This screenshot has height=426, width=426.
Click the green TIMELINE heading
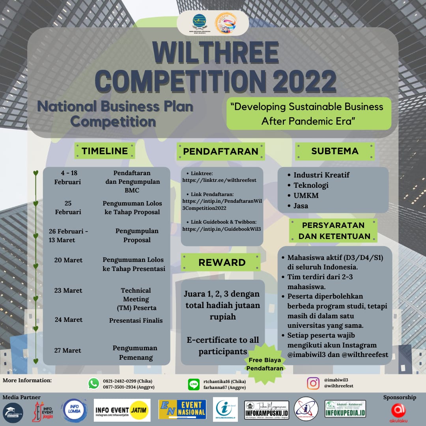click(105, 151)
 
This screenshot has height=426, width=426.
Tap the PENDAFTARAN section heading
click(220, 151)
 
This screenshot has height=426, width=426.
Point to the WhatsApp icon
click(93, 383)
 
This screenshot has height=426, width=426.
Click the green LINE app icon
click(194, 384)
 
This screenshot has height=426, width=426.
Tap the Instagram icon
click(313, 383)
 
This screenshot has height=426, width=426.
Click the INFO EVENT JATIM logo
click(122, 410)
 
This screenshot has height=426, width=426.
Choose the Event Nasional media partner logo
click(182, 410)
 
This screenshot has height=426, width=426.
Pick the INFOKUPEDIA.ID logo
click(346, 410)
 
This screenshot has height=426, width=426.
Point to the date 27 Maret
click(68, 350)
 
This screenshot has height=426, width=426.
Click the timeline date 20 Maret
click(68, 260)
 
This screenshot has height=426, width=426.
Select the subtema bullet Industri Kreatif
click(321, 175)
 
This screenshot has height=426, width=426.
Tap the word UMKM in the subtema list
click(306, 195)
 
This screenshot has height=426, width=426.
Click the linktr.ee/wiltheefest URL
click(219, 180)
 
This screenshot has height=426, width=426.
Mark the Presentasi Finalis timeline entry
click(136, 320)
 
